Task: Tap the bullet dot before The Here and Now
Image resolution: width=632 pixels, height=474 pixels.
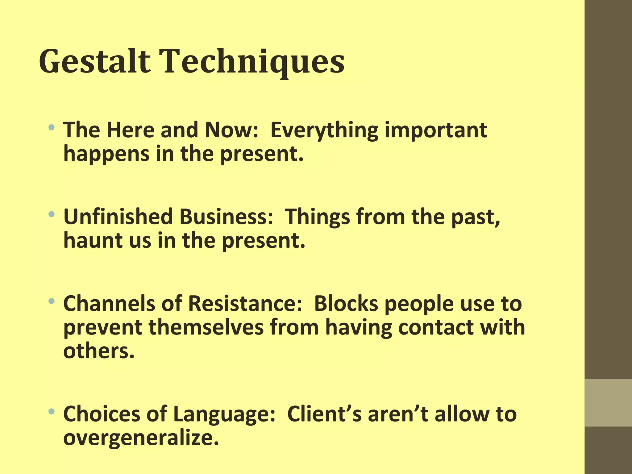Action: tap(52, 127)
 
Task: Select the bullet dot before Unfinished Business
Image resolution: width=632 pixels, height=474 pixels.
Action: tap(52, 214)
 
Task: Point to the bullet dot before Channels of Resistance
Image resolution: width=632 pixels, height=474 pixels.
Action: tap(52, 301)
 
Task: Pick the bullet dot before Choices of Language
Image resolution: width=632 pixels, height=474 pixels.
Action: tap(52, 411)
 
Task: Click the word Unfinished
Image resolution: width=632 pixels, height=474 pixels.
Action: tap(118, 217)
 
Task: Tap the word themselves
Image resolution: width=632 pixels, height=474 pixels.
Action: tap(206, 328)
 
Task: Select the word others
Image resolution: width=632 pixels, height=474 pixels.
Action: tap(99, 351)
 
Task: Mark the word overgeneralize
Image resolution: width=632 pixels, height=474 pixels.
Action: tap(141, 438)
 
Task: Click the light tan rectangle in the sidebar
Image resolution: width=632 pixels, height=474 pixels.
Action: tap(608, 403)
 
